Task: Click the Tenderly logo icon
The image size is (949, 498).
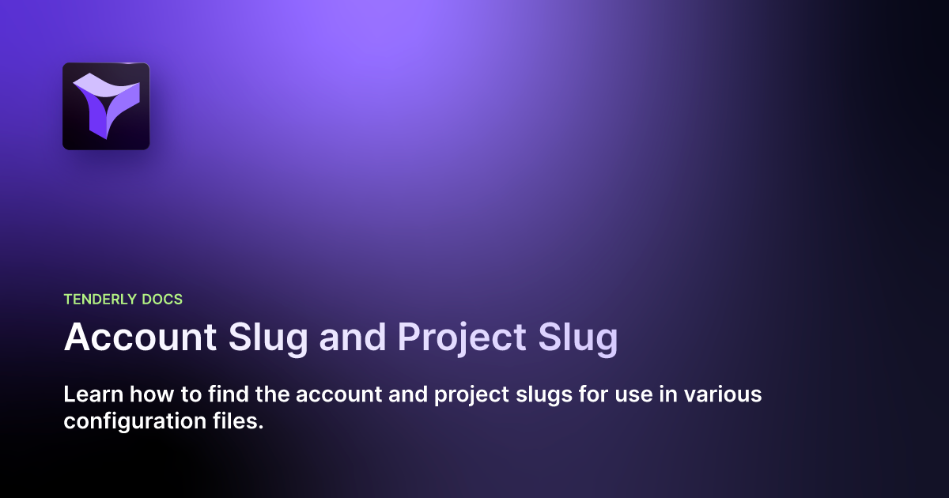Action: point(106,106)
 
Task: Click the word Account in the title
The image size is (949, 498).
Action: point(140,338)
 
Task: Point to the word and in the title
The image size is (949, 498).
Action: point(353,338)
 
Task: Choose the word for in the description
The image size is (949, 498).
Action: point(580,394)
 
